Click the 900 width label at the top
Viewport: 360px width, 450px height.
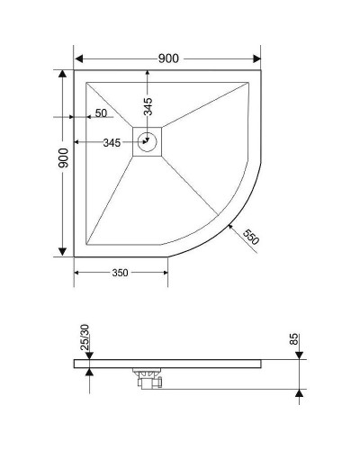pos(168,58)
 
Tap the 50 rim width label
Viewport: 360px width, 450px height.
pos(101,113)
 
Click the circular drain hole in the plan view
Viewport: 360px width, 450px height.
pos(148,141)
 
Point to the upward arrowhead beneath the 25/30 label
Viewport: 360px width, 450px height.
pos(89,372)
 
